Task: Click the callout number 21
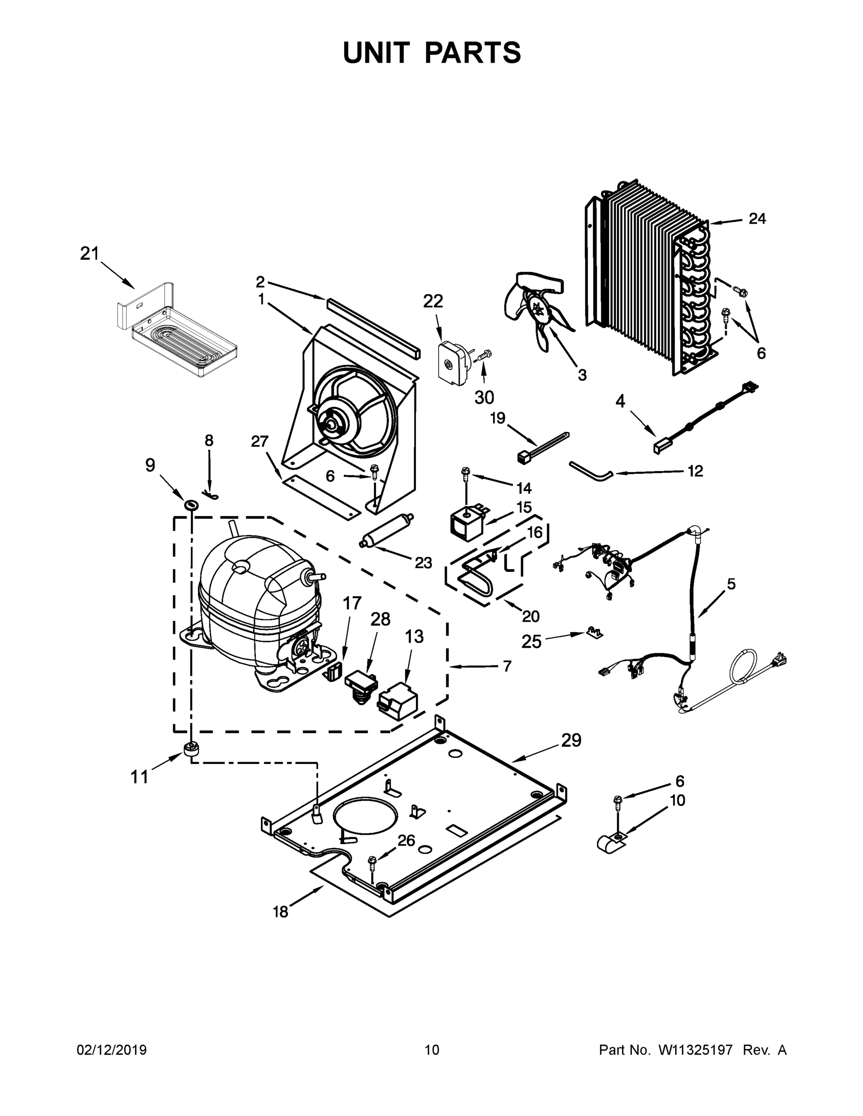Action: click(89, 253)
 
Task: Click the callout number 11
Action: click(139, 777)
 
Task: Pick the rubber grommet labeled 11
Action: click(191, 751)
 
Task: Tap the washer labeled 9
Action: click(191, 505)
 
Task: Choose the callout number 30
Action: click(484, 397)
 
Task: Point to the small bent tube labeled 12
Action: click(590, 470)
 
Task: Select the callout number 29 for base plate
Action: click(571, 740)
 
